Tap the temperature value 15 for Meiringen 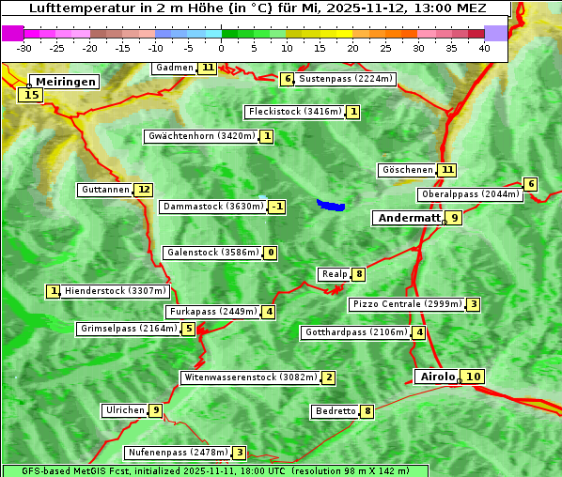click(31, 94)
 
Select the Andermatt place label click(407, 218)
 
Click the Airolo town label click(437, 377)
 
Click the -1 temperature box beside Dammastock click(275, 207)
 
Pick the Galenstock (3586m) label click(211, 253)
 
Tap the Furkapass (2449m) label click(211, 312)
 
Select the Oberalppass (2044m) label click(470, 194)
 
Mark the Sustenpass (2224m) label click(346, 79)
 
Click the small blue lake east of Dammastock click(330, 205)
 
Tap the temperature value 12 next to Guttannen click(144, 190)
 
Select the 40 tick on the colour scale click(484, 48)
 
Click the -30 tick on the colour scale click(24, 48)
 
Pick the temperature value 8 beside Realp click(359, 274)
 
